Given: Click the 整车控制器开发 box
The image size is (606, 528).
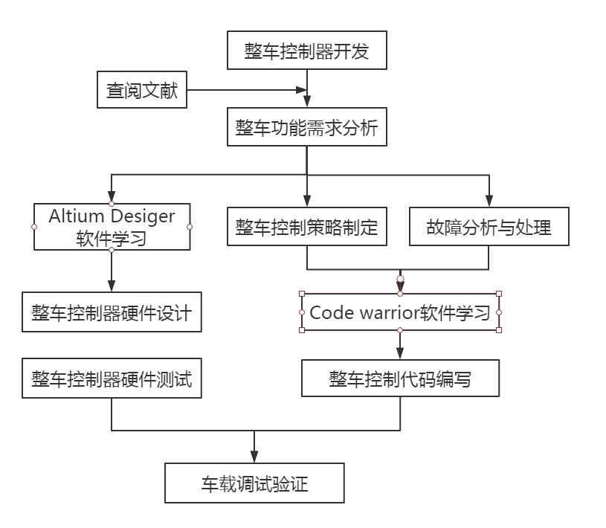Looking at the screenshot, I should (306, 51).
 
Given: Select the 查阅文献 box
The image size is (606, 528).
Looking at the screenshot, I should (142, 90).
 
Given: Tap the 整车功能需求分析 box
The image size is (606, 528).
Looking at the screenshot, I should (306, 129).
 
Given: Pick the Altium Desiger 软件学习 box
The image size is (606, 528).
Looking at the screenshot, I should (112, 227).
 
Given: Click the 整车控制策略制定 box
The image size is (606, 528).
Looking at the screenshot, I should (306, 227).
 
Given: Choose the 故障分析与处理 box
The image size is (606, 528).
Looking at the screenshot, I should (489, 227).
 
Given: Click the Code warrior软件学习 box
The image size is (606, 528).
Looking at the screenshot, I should (400, 312).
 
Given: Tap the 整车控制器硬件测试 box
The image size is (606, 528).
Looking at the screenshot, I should (112, 379).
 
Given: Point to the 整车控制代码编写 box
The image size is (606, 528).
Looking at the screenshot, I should (400, 379).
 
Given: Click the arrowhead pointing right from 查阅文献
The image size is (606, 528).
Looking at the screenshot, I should (301, 90).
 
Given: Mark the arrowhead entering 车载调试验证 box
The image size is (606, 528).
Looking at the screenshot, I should (254, 457).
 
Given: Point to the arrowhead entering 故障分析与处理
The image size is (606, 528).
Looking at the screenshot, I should (489, 200).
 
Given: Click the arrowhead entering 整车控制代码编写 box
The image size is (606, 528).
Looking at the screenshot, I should (400, 354).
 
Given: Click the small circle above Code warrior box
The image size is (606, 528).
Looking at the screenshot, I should (400, 280).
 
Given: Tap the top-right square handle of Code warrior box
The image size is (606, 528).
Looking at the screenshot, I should (498, 294).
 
